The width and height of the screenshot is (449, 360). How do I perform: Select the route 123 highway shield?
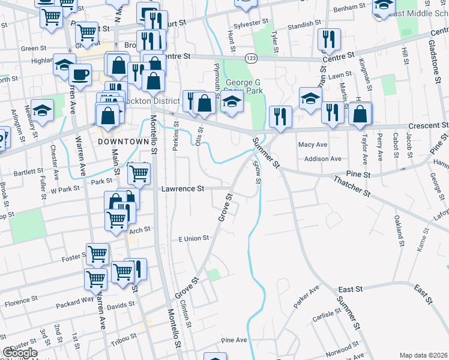point(250,58)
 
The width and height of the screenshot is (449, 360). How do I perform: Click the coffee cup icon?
point(80,75)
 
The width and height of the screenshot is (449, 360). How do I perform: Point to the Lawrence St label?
point(183,188)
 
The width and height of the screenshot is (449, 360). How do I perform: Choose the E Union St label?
point(194,238)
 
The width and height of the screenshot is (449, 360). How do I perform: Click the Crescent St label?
point(429,126)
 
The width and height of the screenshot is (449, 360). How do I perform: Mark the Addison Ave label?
point(322,159)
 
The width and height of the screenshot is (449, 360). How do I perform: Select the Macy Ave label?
point(313,145)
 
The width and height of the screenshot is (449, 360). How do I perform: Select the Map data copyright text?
point(423,355)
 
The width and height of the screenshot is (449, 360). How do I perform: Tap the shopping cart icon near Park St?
point(139,173)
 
